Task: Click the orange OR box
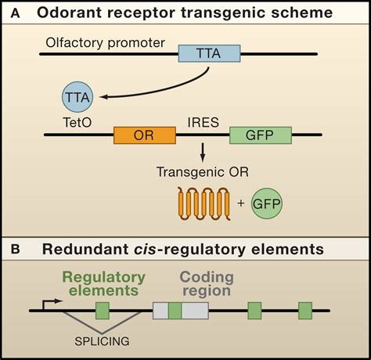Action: [x=145, y=135]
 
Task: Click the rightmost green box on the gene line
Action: [x=305, y=310]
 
